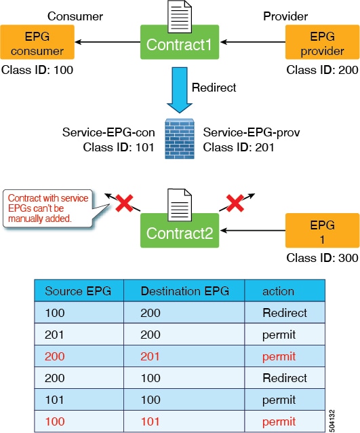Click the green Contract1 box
tap(180, 42)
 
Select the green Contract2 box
tap(180, 231)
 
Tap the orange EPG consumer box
tap(37, 42)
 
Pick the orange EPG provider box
tap(323, 42)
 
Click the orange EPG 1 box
tap(323, 230)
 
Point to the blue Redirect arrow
tap(180, 90)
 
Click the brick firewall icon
tap(180, 138)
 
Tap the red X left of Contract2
tap(125, 203)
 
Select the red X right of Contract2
tap(235, 203)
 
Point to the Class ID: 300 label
tap(322, 258)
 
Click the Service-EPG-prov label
tap(252, 132)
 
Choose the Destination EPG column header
tap(185, 291)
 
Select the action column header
tap(278, 291)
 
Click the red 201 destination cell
tap(150, 356)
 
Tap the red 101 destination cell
tap(150, 421)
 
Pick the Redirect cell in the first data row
tap(285, 313)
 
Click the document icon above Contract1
tap(180, 16)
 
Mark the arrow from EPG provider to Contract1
tap(253, 42)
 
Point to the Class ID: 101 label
tap(119, 147)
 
